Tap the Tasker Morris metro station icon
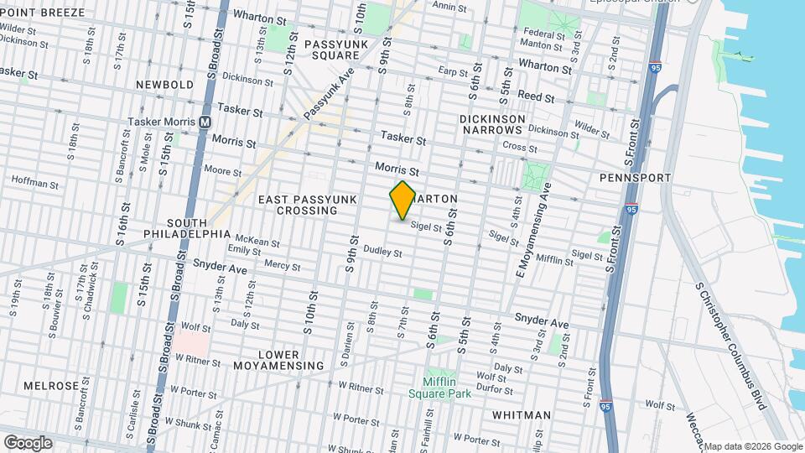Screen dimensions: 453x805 coord(205,122)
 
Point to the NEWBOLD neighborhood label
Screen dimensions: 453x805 coord(164,85)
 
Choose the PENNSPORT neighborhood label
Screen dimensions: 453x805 coord(636,178)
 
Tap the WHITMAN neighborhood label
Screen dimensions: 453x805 coord(522,415)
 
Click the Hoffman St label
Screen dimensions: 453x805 coord(33,180)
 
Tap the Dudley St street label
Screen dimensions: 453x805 coord(382,251)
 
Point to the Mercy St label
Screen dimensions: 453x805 coord(282,265)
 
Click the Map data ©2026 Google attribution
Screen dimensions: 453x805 coord(752,446)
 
